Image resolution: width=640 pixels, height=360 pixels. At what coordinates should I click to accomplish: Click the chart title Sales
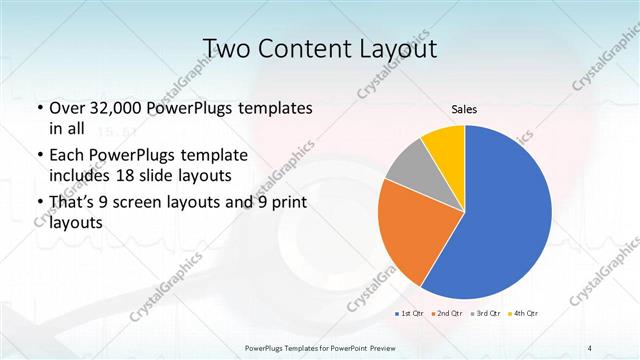pyautogui.click(x=464, y=109)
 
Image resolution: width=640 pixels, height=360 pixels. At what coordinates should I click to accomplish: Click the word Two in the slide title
pyautogui.click(x=230, y=48)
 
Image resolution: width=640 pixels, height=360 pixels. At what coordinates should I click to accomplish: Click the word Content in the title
pyautogui.click(x=311, y=48)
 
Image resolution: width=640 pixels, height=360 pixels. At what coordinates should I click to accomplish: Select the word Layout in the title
pyautogui.click(x=401, y=48)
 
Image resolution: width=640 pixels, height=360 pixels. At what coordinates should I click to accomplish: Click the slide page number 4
pyautogui.click(x=590, y=347)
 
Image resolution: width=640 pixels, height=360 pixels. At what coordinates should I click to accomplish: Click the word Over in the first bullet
pyautogui.click(x=68, y=107)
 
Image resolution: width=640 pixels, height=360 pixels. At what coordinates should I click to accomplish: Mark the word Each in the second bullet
pyautogui.click(x=68, y=156)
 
